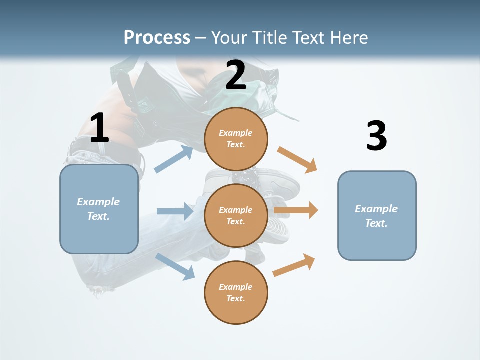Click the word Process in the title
click(x=157, y=37)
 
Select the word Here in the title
click(x=349, y=37)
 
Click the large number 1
click(x=99, y=127)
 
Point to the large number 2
click(x=236, y=75)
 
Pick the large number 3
click(x=377, y=135)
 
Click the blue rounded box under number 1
click(x=99, y=209)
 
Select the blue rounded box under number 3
click(x=377, y=216)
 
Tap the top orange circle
click(x=236, y=139)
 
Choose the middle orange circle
click(x=236, y=216)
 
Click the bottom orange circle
click(x=236, y=292)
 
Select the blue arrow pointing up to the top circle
click(x=173, y=159)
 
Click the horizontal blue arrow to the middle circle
click(x=175, y=211)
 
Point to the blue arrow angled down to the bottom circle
click(x=175, y=267)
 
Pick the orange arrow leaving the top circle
click(x=297, y=160)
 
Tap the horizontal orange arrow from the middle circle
click(x=296, y=210)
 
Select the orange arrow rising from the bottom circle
click(x=294, y=265)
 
